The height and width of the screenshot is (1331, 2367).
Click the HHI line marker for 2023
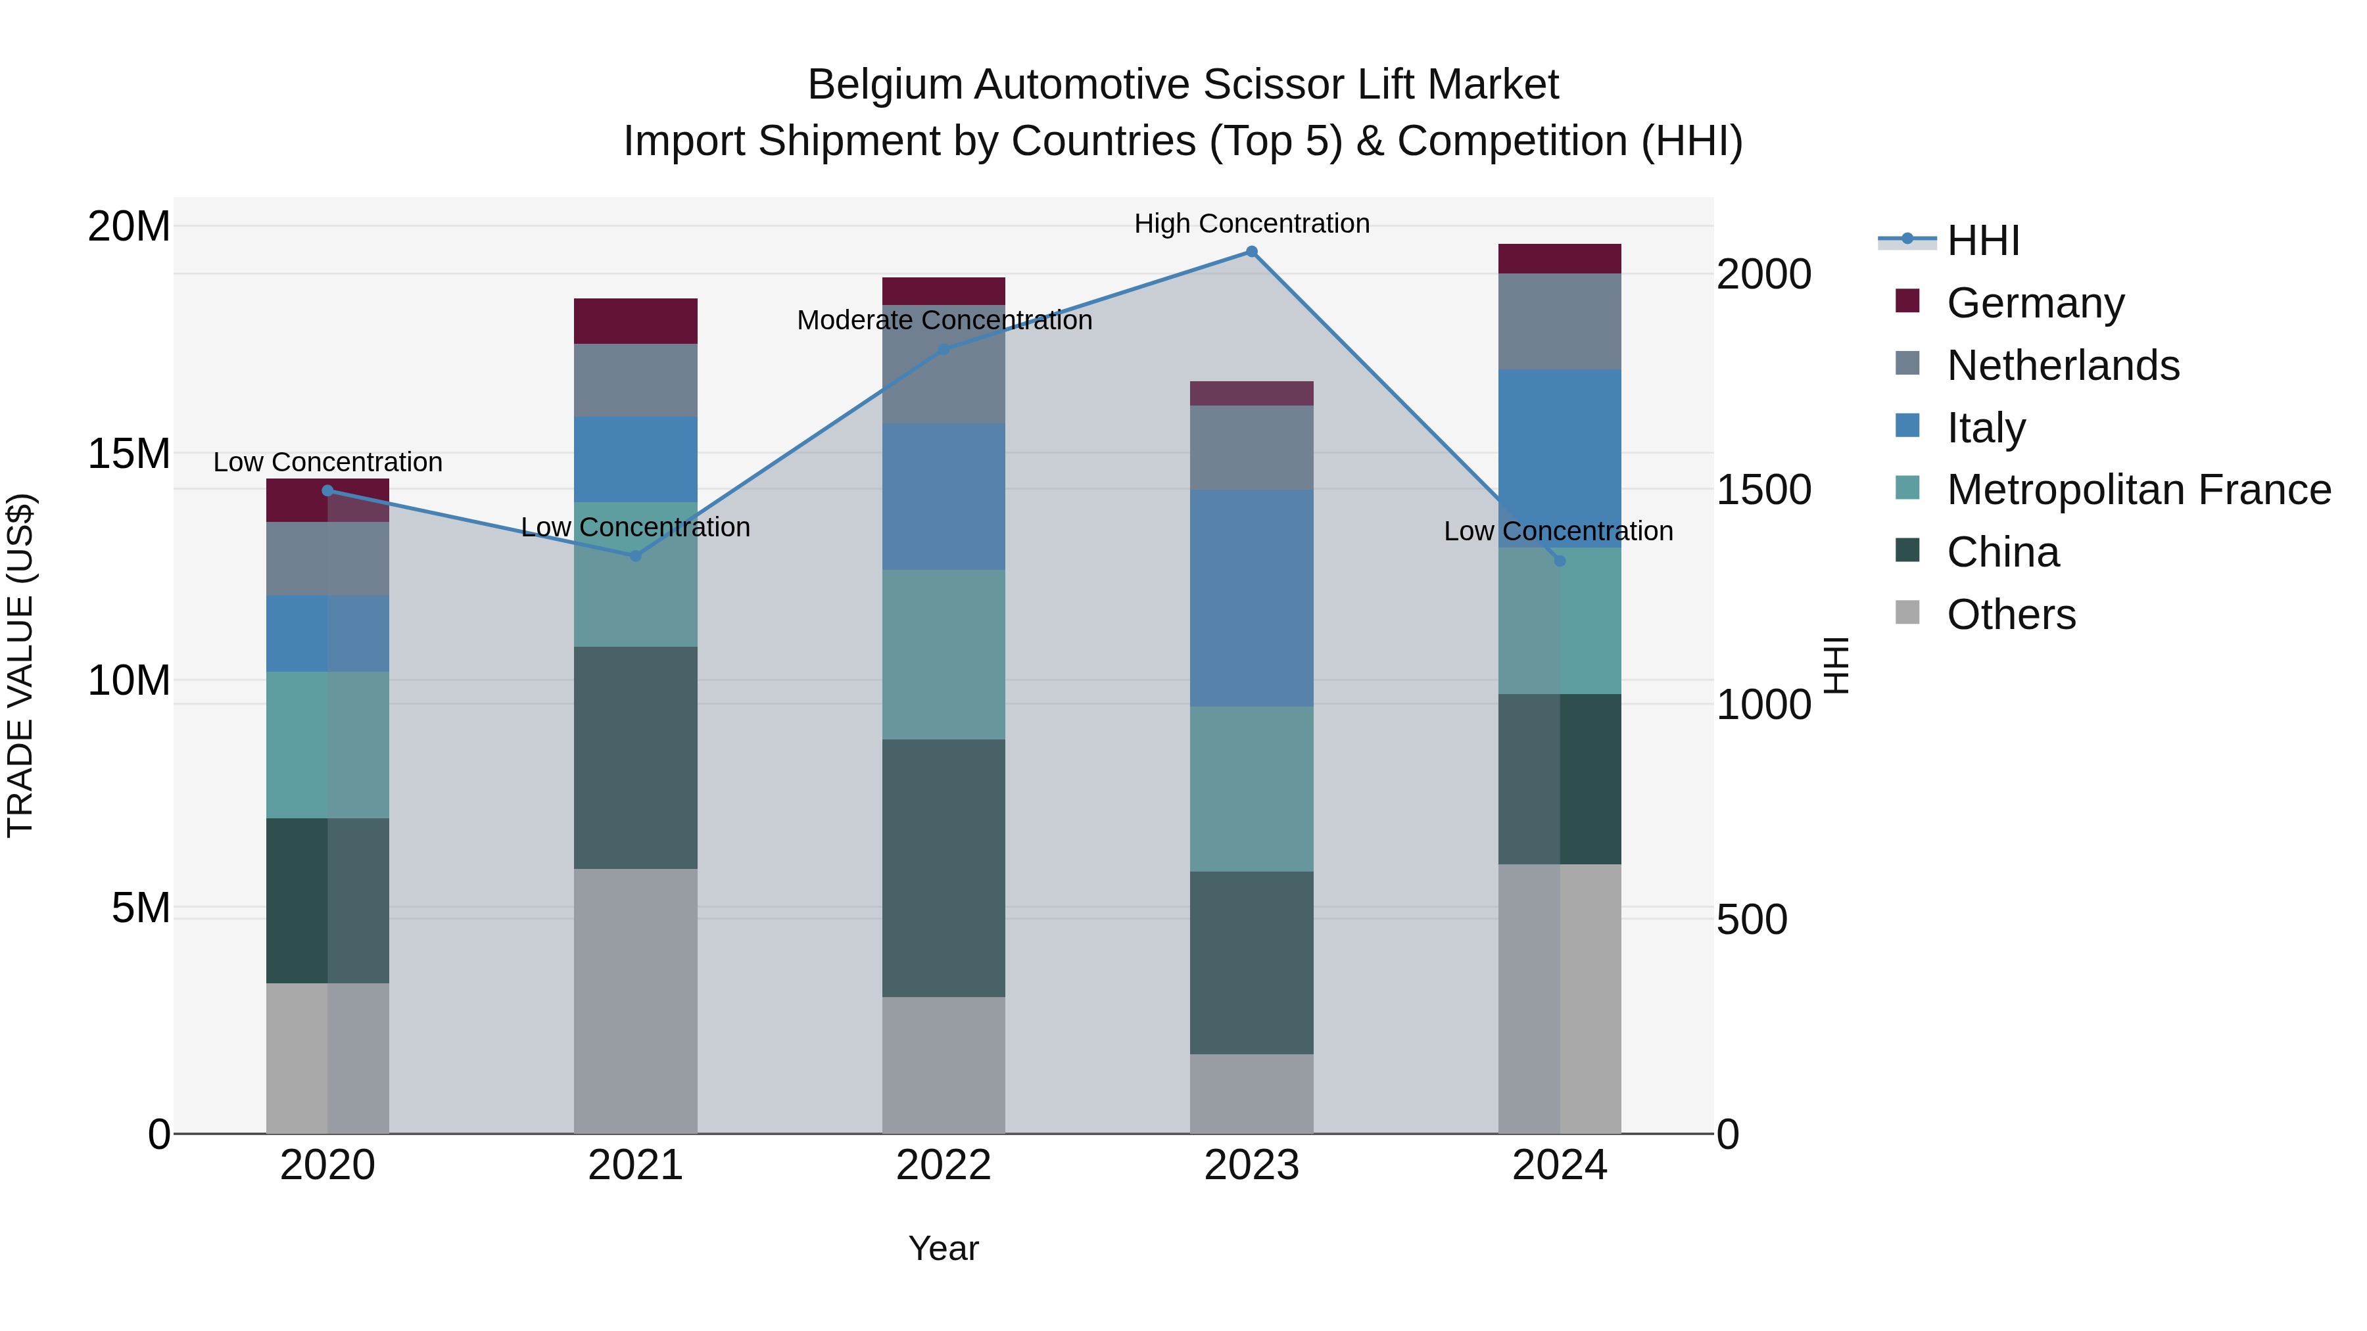(1251, 252)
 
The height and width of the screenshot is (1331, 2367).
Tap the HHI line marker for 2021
(635, 555)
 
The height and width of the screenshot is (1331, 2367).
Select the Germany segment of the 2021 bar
(635, 321)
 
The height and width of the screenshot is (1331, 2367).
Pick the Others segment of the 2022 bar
(944, 1065)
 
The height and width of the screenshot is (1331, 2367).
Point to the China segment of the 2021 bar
(635, 758)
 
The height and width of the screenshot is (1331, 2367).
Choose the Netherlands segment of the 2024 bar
(1560, 321)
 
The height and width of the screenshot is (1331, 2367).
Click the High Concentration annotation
(1251, 223)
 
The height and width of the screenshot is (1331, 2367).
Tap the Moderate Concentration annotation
(944, 321)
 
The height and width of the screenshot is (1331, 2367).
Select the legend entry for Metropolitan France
(2138, 490)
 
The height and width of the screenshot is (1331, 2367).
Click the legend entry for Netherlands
(2063, 365)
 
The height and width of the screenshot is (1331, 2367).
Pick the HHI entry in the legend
(1983, 241)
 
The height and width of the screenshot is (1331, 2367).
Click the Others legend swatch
(1907, 613)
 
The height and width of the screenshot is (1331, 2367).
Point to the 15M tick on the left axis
(129, 454)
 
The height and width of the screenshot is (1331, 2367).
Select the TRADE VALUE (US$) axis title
(20, 665)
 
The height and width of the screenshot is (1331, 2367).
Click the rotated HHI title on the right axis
(1835, 665)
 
